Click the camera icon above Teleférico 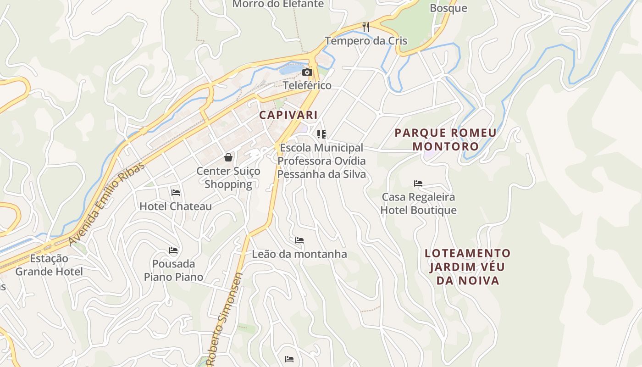[307, 72]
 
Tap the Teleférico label [307, 85]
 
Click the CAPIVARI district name [288, 115]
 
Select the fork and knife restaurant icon [365, 27]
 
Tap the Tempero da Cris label [366, 41]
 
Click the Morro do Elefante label [278, 4]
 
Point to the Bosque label [448, 8]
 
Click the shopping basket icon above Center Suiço [228, 157]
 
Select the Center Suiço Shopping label [228, 178]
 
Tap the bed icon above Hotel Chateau [175, 193]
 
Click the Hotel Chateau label [176, 206]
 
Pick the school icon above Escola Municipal [321, 134]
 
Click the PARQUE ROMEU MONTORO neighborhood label [445, 139]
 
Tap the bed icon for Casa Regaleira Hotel [418, 183]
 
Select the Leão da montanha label [299, 254]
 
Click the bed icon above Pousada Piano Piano [173, 250]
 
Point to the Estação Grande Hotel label [49, 265]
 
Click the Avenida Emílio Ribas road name [106, 203]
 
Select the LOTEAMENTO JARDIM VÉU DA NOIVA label [467, 267]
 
